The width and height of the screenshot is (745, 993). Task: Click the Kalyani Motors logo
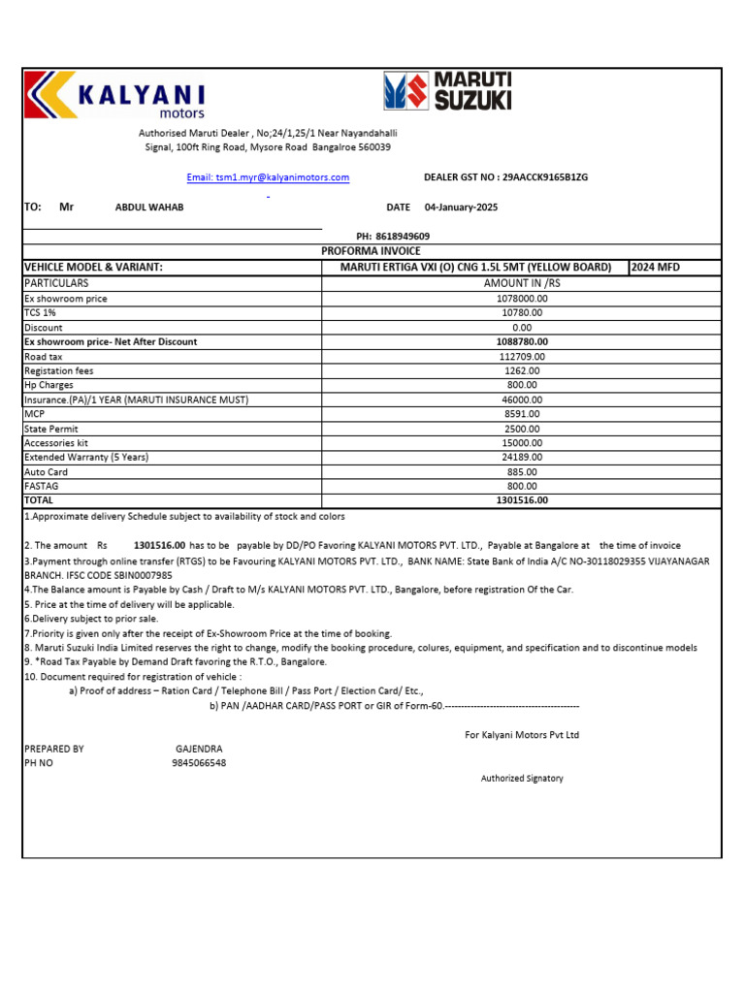point(114,96)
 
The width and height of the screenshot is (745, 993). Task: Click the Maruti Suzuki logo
point(447,90)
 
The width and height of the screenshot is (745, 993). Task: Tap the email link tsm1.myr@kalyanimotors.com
point(268,177)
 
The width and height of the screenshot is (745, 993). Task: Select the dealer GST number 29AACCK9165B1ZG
point(544,177)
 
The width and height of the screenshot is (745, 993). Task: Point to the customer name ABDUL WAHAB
point(149,208)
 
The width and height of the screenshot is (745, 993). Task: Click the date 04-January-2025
point(461,208)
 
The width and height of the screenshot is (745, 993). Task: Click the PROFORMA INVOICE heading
point(371,251)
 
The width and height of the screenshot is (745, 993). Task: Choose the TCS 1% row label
point(42,313)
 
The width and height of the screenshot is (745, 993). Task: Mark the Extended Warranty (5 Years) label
point(86,457)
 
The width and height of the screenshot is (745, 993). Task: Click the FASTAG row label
point(43,486)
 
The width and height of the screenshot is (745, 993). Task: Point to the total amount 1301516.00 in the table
point(522,500)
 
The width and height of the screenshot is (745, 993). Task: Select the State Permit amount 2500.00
point(522,429)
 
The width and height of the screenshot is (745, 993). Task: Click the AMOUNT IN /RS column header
point(522,283)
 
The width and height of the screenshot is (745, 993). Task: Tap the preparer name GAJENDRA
point(199,750)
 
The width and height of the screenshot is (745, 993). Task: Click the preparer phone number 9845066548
point(199,764)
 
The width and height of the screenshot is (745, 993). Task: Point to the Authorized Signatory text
point(522,779)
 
